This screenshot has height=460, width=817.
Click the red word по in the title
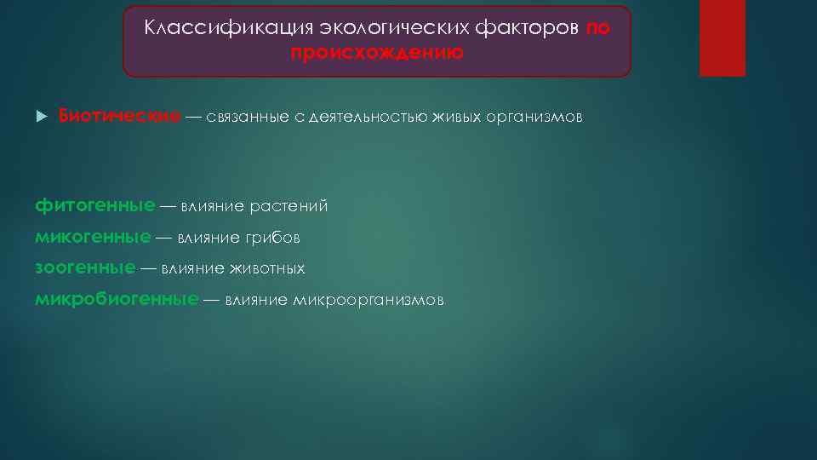pyautogui.click(x=597, y=27)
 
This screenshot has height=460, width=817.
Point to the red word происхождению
pyautogui.click(x=377, y=53)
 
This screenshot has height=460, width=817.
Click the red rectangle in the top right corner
pyautogui.click(x=722, y=37)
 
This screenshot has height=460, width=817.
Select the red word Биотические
pyautogui.click(x=118, y=116)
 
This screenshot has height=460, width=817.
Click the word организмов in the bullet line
pyautogui.click(x=534, y=117)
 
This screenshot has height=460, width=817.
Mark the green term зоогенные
pyautogui.click(x=85, y=268)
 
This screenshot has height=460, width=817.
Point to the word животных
pyautogui.click(x=266, y=269)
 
